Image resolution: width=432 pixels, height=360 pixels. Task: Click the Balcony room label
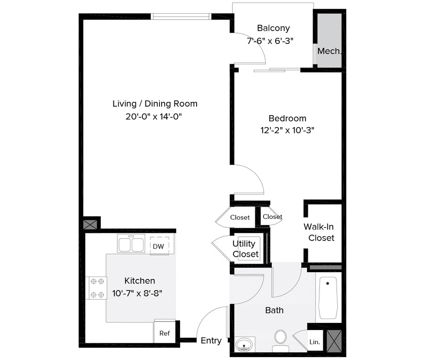point(273,28)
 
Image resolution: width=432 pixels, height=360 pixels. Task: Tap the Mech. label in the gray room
point(329,51)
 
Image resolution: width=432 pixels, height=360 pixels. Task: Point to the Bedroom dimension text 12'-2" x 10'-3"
point(287,131)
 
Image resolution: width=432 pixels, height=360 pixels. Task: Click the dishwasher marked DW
point(158,246)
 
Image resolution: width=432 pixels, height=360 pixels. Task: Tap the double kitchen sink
point(131,245)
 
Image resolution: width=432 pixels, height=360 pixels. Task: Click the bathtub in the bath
point(328,298)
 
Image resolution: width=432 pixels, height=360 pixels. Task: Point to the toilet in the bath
point(280,338)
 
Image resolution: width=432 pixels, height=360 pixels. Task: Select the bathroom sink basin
point(244,344)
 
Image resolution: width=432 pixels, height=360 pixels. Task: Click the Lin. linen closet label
point(315,342)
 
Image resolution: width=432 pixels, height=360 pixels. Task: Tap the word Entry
point(211,340)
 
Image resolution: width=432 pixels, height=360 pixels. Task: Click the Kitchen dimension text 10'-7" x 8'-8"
point(137,293)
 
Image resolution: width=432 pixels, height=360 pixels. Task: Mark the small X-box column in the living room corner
point(90,224)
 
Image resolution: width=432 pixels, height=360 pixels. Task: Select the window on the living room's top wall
point(181,17)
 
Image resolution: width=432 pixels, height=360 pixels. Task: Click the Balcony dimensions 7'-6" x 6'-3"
point(270,41)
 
